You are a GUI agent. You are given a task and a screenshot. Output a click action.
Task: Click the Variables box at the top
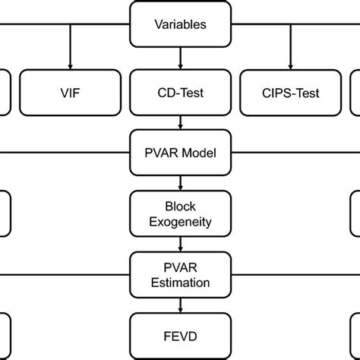[x=180, y=24]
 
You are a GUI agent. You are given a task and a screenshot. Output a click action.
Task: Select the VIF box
[x=69, y=94]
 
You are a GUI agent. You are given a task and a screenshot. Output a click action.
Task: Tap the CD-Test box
[x=180, y=94]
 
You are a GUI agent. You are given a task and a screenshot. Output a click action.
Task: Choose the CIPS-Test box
[x=291, y=94]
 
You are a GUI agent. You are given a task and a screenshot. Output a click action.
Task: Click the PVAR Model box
[x=180, y=153]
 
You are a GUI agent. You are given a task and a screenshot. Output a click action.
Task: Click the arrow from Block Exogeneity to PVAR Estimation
[x=180, y=243]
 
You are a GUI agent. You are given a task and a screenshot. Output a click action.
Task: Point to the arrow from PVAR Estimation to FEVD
[x=180, y=304]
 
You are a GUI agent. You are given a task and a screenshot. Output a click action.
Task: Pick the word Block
[x=180, y=206]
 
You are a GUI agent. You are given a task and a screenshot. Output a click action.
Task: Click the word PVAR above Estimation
[x=180, y=267]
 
